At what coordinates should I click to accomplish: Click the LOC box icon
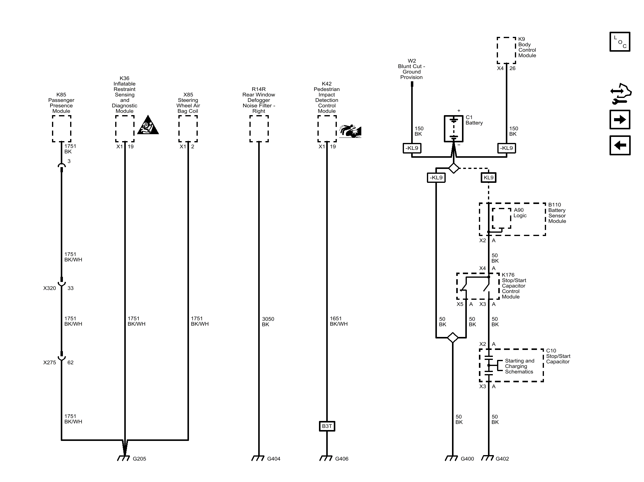[620, 42]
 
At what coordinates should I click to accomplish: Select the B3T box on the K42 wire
[327, 426]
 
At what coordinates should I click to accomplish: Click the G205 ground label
[139, 459]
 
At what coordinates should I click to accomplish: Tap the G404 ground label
[274, 459]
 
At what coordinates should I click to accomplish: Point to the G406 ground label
[342, 459]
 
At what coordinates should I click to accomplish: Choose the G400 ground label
[467, 459]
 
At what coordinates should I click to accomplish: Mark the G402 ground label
[502, 459]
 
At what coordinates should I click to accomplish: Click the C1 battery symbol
[453, 128]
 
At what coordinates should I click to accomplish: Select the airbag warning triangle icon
[148, 125]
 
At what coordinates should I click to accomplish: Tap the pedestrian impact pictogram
[350, 131]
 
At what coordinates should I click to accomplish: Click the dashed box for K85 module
[61, 129]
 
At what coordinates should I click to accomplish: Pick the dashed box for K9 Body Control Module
[506, 50]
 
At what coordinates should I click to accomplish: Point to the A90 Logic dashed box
[501, 218]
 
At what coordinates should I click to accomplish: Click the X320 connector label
[50, 288]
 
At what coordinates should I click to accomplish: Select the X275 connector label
[50, 362]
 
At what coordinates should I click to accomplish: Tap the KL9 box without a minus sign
[489, 177]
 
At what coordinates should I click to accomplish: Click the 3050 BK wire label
[268, 322]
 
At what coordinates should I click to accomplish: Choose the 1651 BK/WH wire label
[339, 321]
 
